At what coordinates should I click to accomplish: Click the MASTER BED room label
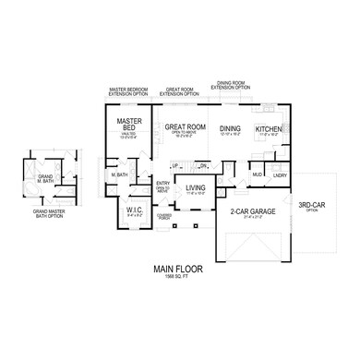pos(128,126)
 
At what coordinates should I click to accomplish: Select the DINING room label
pos(230,128)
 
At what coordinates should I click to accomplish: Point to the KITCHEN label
pos(269,128)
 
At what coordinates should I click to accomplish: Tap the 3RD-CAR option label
pos(311,206)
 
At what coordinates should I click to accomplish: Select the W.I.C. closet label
pos(132,210)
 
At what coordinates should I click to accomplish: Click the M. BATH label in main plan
pos(118,174)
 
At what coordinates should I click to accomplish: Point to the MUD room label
pos(258,174)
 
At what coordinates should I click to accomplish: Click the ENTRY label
pos(163,184)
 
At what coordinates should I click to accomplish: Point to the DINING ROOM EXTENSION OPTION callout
pos(233,86)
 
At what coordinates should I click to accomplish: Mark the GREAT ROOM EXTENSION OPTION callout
pos(179,92)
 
